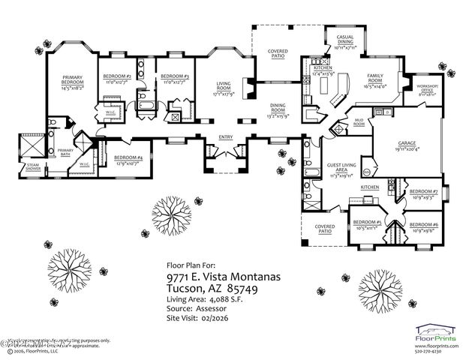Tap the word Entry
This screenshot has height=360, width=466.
225,137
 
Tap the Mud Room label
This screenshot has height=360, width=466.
359,123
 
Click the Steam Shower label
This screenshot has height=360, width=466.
34,166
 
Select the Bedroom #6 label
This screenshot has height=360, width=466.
425,226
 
